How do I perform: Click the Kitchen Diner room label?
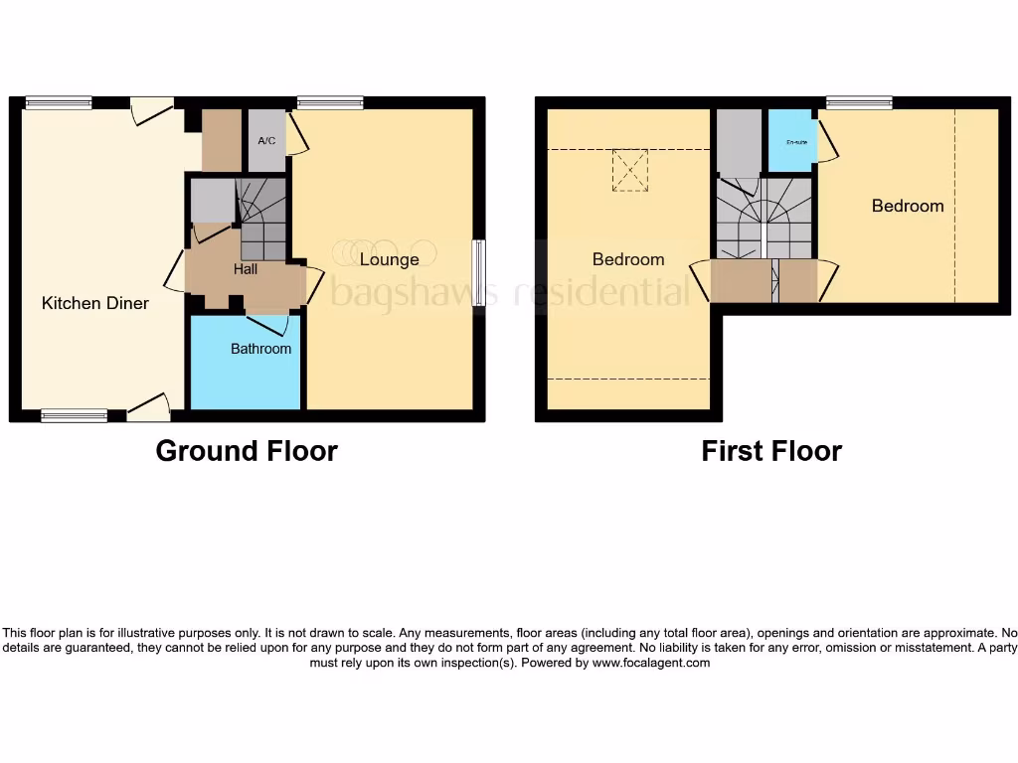coord(94,303)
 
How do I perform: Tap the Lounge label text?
coord(389,259)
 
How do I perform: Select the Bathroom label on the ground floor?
coord(261,349)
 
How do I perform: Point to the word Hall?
coord(246,269)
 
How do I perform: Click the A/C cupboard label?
coord(266,141)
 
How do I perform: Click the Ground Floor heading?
coord(247,451)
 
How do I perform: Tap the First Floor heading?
coord(771,451)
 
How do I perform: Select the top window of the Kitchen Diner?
coord(59,102)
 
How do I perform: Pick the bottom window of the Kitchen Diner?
coord(75,416)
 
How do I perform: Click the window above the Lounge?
coord(330,102)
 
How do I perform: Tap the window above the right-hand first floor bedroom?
coord(859,102)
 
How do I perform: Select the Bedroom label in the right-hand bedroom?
coord(908,206)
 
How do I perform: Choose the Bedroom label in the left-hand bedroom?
coord(628,259)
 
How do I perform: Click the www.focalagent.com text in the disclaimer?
coord(651,663)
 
